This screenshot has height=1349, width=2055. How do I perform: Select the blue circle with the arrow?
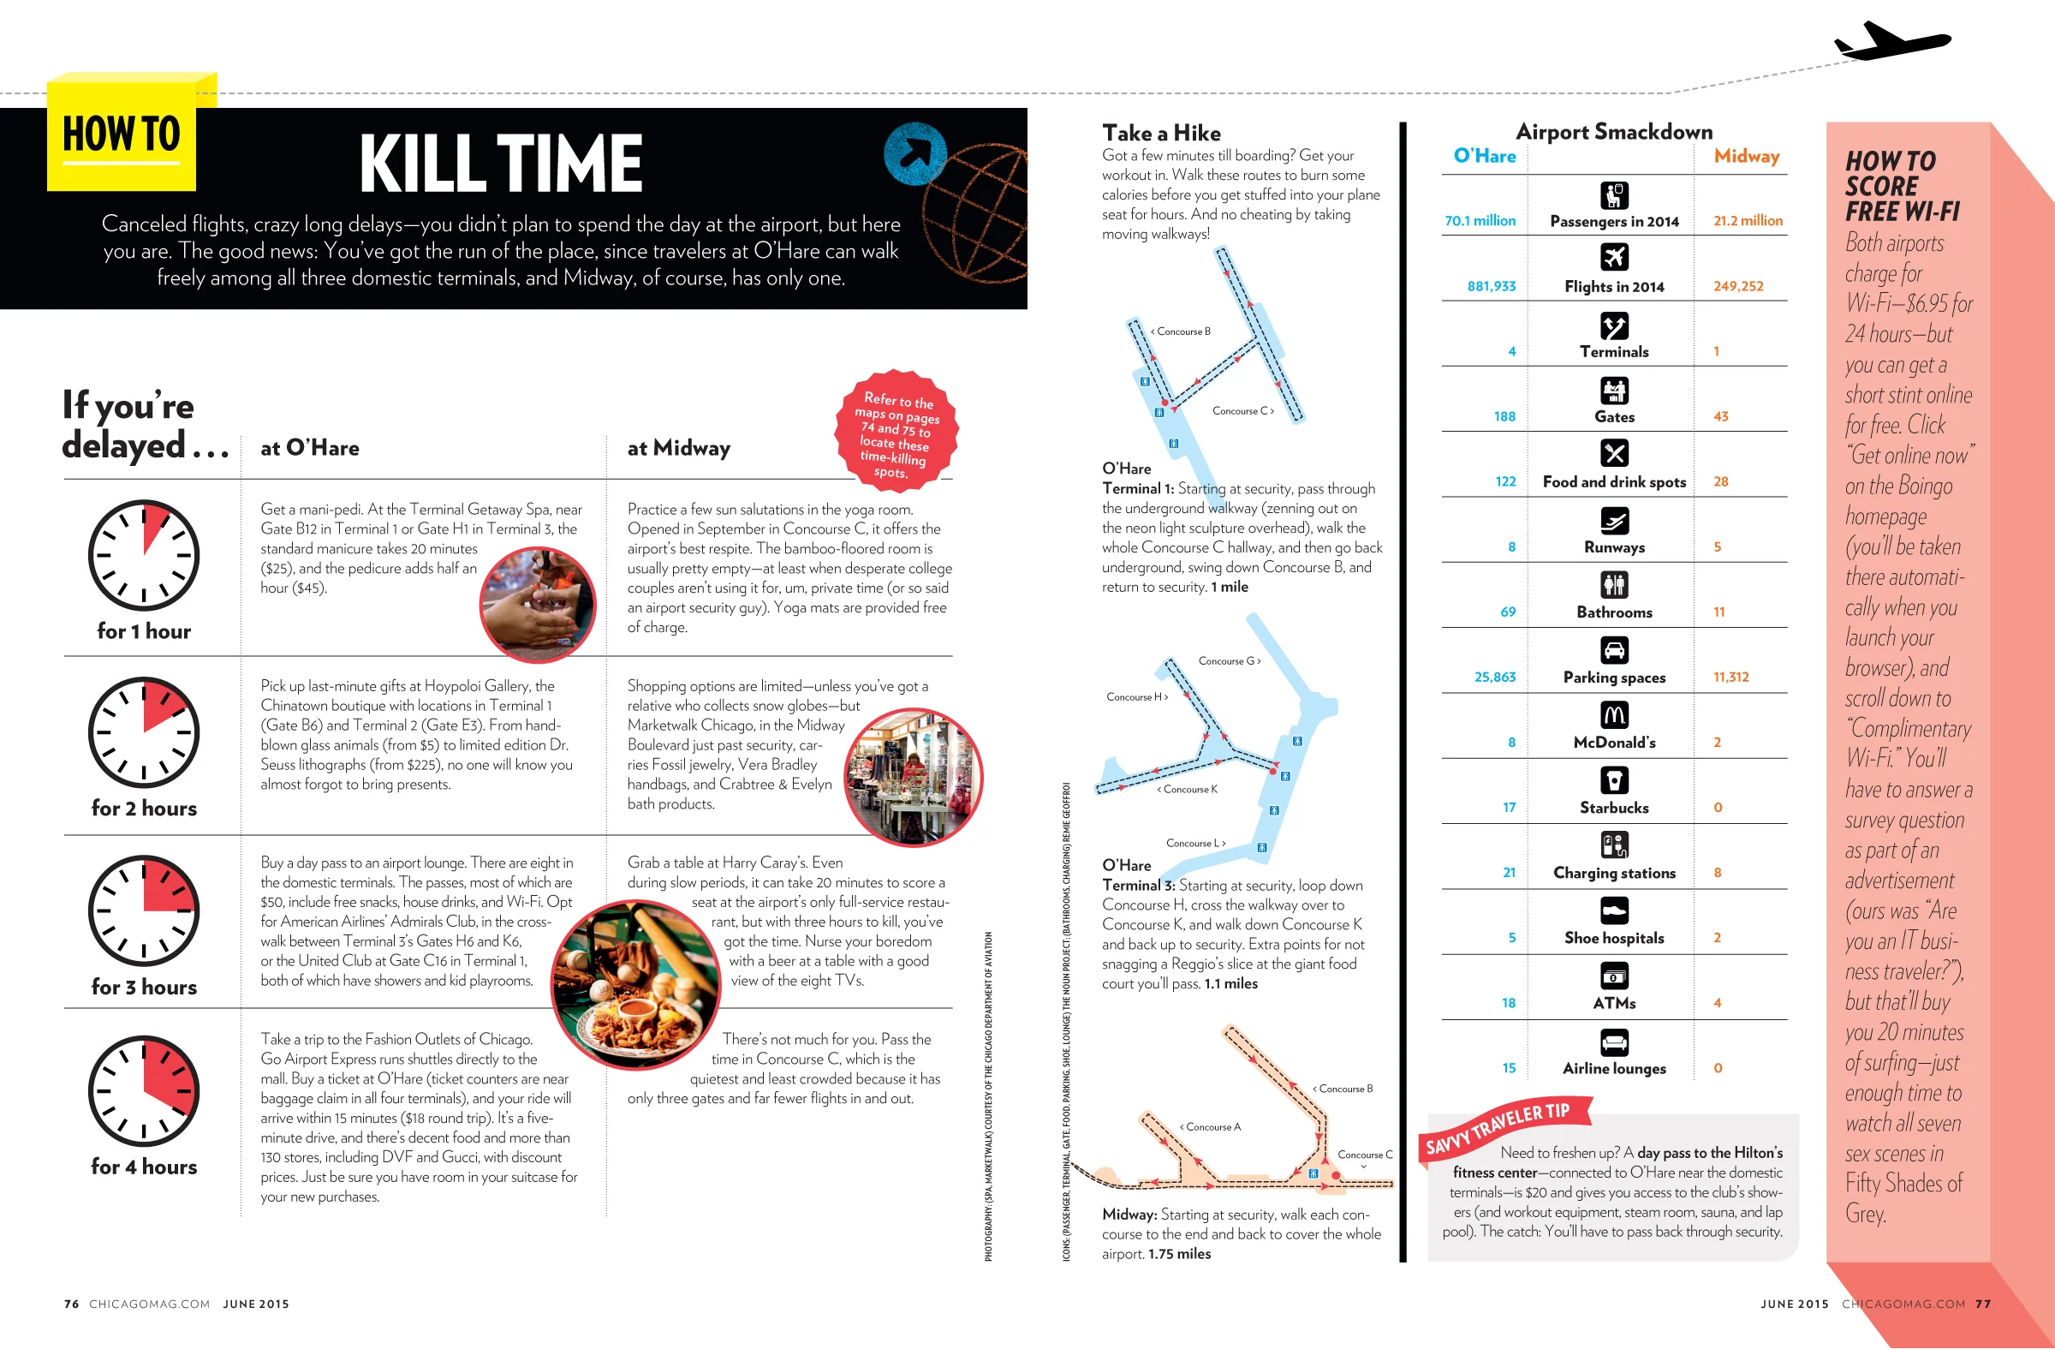pos(914,153)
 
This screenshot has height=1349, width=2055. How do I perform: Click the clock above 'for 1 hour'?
pos(143,554)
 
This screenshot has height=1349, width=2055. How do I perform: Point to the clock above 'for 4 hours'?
pos(143,1091)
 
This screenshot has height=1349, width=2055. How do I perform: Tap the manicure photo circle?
pos(538,604)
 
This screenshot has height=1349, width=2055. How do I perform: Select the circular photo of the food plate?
pos(636,983)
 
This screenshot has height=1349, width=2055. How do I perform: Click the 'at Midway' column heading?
pos(679,448)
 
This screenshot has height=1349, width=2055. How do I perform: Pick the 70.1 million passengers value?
pos(1480,221)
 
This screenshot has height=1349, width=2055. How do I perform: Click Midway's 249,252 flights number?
pos(1738,286)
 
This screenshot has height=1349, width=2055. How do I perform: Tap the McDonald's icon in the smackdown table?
pos(1614,714)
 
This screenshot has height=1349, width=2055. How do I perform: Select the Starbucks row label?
pos(1614,808)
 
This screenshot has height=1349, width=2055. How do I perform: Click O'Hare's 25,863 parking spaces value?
pos(1495,677)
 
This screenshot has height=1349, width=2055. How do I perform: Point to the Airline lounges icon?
pos(1614,1042)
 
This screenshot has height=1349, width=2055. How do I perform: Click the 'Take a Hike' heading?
pos(1161,133)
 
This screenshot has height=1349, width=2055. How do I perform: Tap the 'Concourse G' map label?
pos(1230,661)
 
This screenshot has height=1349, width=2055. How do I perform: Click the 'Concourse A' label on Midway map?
pos(1211,1127)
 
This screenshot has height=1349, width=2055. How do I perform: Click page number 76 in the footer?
pos(72,1304)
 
